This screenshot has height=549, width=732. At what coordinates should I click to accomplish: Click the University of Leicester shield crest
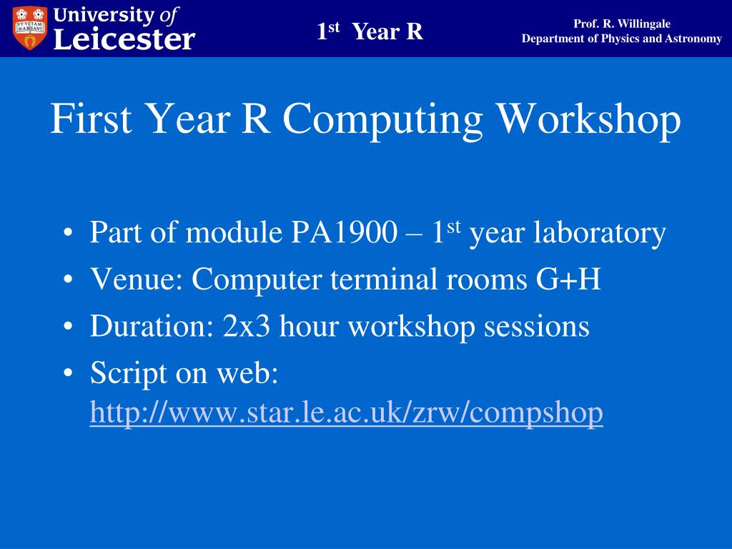(x=30, y=28)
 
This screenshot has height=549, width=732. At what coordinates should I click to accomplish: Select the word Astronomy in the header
(x=693, y=39)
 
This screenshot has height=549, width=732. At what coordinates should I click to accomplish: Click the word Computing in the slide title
(x=382, y=120)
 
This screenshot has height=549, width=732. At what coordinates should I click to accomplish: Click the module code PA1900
(x=345, y=232)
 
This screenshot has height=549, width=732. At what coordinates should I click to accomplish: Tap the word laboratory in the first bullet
(x=600, y=233)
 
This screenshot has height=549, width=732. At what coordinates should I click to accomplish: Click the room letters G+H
(x=568, y=280)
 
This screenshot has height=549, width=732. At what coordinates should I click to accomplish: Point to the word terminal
(x=384, y=280)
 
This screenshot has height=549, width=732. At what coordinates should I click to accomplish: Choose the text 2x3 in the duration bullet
(x=247, y=326)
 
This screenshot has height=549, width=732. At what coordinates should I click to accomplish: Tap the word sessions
(x=536, y=326)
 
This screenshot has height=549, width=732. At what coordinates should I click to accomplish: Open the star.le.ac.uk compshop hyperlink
(x=347, y=413)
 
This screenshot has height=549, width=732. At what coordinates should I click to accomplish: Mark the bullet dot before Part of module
(x=68, y=233)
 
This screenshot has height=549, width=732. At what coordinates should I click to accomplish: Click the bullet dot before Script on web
(x=68, y=373)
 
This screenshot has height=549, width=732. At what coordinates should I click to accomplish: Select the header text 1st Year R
(x=370, y=31)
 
